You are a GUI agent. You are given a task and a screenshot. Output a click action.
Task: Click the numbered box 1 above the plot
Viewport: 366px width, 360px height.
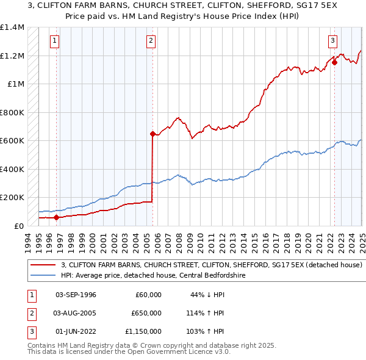(x=55, y=41)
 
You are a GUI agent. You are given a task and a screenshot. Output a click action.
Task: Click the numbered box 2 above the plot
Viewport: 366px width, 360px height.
(x=151, y=41)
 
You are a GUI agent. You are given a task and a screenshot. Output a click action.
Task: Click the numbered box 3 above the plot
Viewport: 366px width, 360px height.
(x=332, y=41)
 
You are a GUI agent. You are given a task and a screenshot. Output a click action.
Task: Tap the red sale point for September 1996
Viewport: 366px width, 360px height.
(x=56, y=217)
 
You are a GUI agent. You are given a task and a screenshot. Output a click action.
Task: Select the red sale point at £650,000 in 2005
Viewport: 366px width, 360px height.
(x=152, y=133)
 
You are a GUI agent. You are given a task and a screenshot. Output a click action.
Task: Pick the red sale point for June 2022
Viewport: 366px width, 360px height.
(x=335, y=62)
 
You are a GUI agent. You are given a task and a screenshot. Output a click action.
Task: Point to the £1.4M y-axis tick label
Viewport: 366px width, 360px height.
(x=12, y=27)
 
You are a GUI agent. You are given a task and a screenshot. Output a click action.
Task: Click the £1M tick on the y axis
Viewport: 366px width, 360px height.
(x=16, y=84)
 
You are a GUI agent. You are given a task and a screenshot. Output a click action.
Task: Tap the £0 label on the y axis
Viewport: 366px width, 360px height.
(x=19, y=226)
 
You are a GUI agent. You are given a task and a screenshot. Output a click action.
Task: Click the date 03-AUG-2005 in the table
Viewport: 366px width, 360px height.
(x=76, y=313)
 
